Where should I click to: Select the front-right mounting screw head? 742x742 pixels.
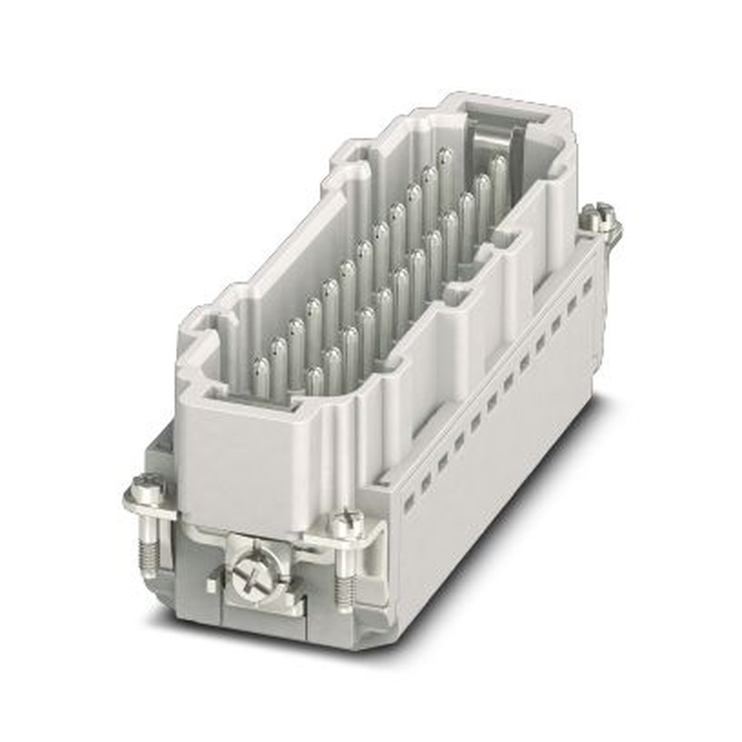point(347,522)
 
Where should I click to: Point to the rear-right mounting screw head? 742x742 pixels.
point(598,216)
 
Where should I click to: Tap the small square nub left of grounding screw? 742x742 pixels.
point(211,585)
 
